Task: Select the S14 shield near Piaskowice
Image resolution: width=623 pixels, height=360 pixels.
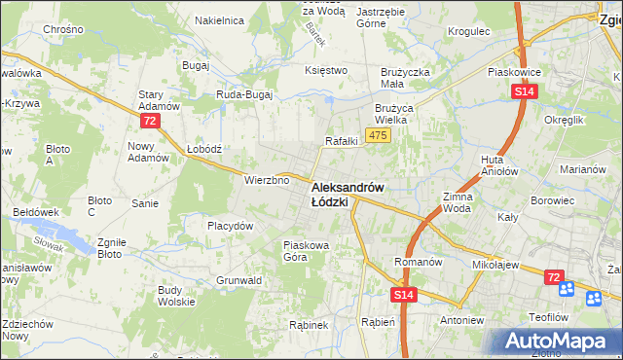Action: coord(525,91)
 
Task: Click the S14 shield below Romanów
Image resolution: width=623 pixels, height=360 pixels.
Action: coord(405,294)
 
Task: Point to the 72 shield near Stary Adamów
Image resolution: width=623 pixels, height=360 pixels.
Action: coord(149,121)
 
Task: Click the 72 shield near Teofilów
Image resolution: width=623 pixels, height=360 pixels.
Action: coord(553,278)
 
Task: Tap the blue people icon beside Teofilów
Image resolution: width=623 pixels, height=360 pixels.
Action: coord(568,290)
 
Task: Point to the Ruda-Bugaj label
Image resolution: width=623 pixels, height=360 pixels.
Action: coord(244,94)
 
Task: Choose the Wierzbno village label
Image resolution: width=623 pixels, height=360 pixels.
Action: coord(267,179)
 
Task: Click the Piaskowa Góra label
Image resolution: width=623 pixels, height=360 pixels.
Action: coord(308,251)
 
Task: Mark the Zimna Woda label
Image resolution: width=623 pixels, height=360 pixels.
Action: coord(457,202)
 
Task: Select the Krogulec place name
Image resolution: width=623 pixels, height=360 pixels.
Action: coord(467,31)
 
